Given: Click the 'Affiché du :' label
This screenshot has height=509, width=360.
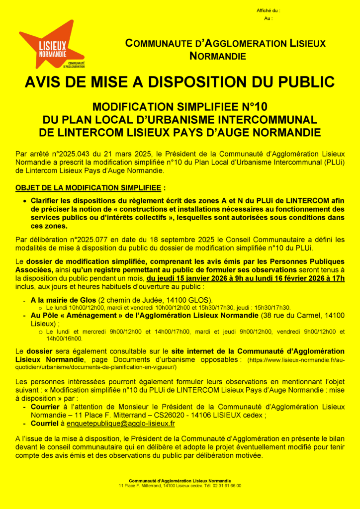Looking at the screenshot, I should [269, 10].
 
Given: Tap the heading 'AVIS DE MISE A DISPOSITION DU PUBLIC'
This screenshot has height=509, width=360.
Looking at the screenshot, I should [180, 82].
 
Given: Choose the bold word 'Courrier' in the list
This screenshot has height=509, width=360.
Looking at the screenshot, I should [45, 406].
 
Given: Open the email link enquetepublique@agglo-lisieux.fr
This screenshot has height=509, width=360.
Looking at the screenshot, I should [117, 424].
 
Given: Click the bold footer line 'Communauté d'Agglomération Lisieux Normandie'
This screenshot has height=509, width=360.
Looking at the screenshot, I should [180, 481].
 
